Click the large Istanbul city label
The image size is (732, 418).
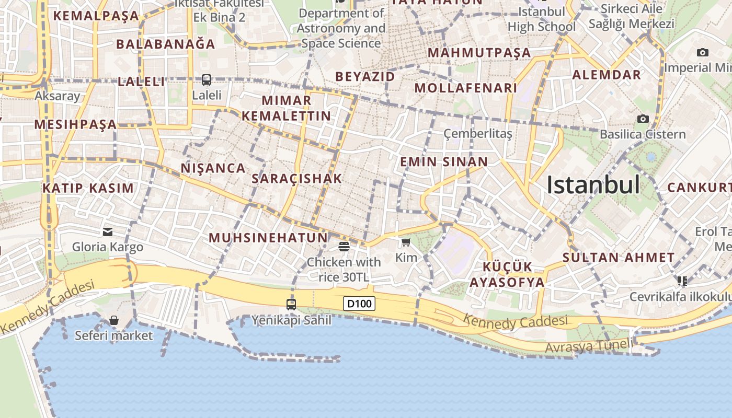(x=593, y=185)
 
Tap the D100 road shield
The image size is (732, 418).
(x=359, y=304)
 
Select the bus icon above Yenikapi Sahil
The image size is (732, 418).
(x=291, y=304)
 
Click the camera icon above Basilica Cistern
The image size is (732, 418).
(x=643, y=119)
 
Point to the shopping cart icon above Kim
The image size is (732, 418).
(x=406, y=242)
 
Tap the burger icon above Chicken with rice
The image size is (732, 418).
(x=344, y=246)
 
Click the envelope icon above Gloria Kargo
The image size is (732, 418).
(x=108, y=231)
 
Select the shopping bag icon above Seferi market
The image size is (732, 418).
(x=113, y=320)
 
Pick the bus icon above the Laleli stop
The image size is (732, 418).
(x=207, y=80)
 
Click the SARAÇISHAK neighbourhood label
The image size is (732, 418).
(x=296, y=178)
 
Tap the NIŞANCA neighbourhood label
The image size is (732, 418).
(x=213, y=168)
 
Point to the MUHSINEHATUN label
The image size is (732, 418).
(x=268, y=238)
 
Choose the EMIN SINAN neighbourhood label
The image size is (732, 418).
(x=444, y=161)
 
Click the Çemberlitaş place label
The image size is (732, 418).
(x=478, y=133)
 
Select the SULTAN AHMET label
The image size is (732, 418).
(x=619, y=257)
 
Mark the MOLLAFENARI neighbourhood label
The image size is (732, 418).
(x=466, y=88)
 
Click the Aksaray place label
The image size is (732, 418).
(x=57, y=96)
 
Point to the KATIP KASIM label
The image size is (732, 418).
(x=88, y=188)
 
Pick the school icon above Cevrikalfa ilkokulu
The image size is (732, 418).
(x=682, y=281)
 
